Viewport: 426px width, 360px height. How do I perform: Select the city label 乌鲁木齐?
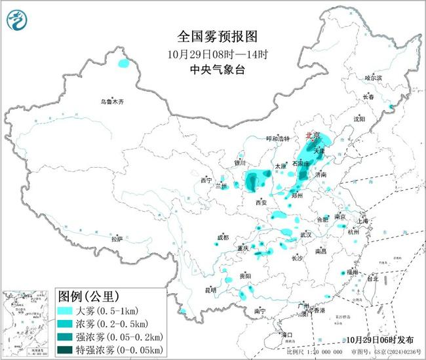click(111, 102)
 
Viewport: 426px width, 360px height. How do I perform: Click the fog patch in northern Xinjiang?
click(123, 64)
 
